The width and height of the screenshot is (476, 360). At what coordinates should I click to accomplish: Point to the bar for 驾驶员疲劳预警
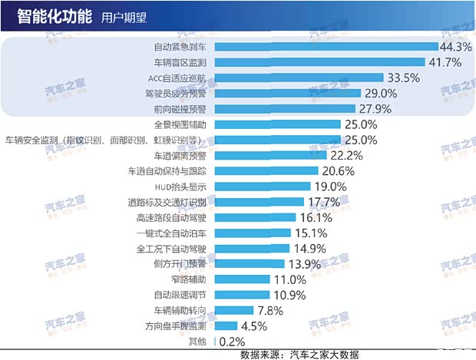(x=289, y=93)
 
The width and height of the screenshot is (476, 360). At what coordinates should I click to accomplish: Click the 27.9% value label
(x=375, y=109)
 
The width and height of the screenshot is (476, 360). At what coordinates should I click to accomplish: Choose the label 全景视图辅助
(x=180, y=124)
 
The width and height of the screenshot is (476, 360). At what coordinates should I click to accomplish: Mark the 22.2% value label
(x=346, y=155)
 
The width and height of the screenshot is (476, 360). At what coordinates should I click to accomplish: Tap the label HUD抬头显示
(x=180, y=187)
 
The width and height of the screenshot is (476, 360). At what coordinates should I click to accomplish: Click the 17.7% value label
(x=324, y=202)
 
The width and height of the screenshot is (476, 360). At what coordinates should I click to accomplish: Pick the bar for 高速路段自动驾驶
(x=255, y=217)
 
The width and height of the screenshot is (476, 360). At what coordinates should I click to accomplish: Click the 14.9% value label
(x=309, y=248)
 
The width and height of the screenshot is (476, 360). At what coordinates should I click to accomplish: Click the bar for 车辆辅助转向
(x=234, y=310)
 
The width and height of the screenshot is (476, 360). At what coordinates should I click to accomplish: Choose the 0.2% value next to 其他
(x=232, y=341)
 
